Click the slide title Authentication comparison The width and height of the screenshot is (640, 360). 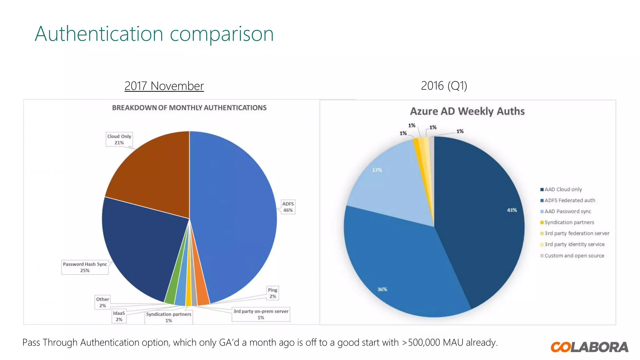154,34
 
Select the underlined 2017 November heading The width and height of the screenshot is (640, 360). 164,86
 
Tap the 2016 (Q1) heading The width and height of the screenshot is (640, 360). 444,86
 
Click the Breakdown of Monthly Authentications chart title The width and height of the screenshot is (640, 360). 189,108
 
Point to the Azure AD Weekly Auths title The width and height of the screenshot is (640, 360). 467,111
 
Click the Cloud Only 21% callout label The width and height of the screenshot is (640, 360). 119,139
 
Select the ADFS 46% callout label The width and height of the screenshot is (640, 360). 288,207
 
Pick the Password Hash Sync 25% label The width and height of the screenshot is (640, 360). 85,267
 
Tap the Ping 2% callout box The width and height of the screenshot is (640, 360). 272,293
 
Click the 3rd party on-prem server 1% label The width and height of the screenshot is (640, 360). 261,314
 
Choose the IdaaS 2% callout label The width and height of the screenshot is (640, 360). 119,316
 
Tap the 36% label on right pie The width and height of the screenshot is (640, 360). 382,289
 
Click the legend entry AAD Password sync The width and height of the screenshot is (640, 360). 567,212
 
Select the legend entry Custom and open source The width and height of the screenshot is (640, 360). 574,256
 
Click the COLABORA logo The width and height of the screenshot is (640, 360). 589,347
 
